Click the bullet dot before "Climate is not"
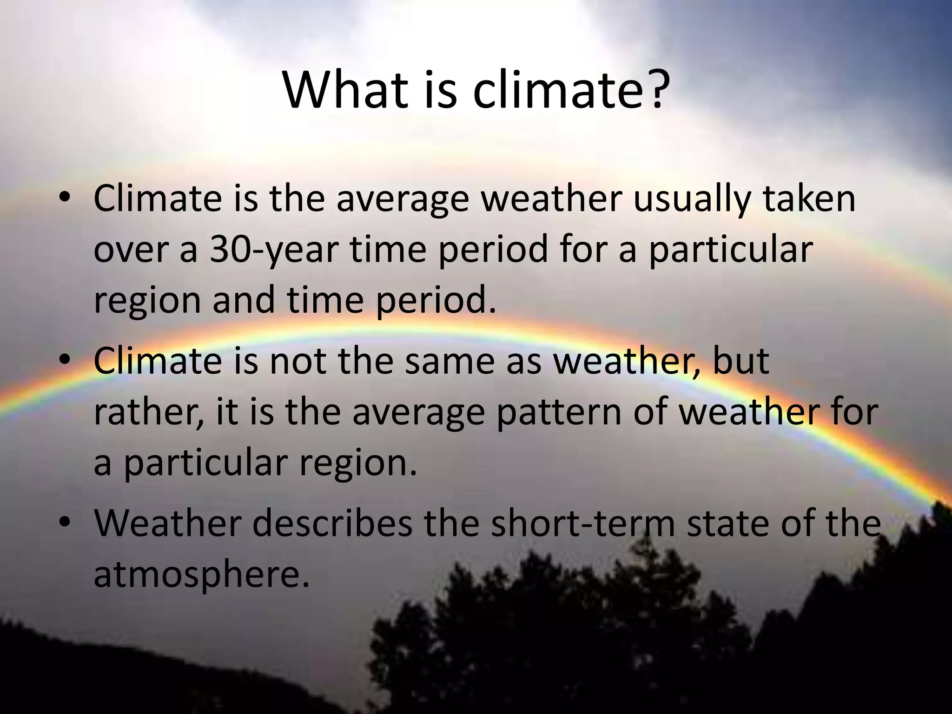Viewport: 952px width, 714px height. (65, 360)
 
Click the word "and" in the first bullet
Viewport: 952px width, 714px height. (244, 300)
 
